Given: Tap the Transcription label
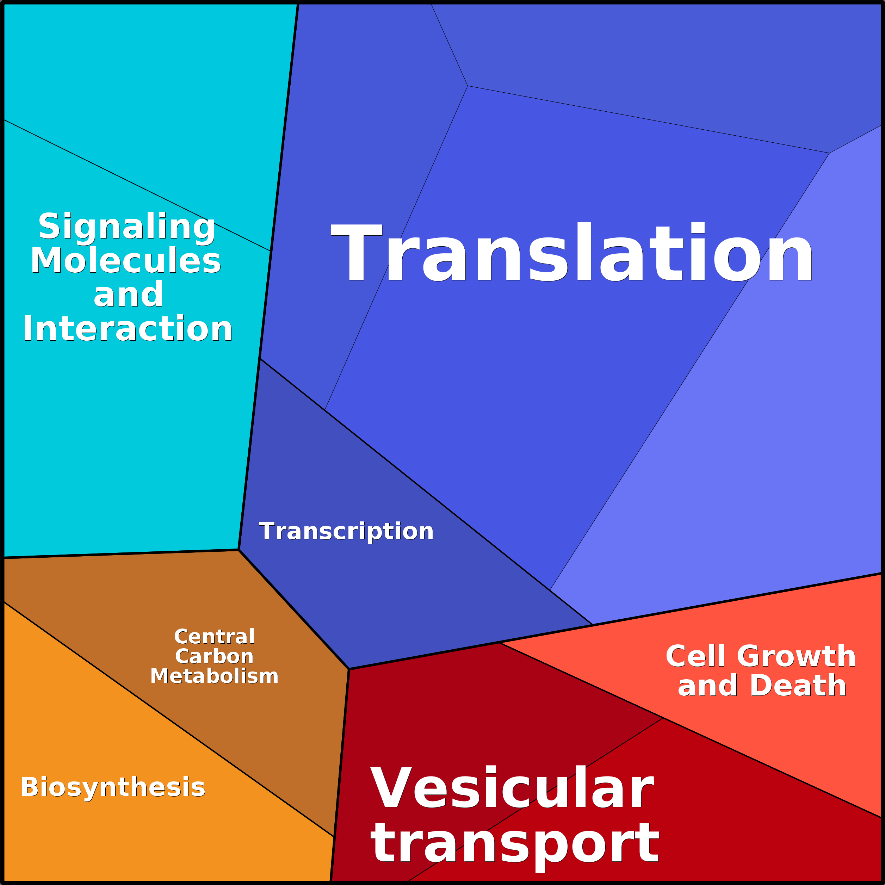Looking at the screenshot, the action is (x=346, y=531).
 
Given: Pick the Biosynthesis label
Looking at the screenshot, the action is (x=113, y=788).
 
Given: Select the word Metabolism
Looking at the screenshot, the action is (x=214, y=676).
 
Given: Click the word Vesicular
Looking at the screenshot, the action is (x=512, y=788).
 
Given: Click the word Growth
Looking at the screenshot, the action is (x=797, y=656).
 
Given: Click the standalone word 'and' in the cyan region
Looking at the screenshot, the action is (x=128, y=295).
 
